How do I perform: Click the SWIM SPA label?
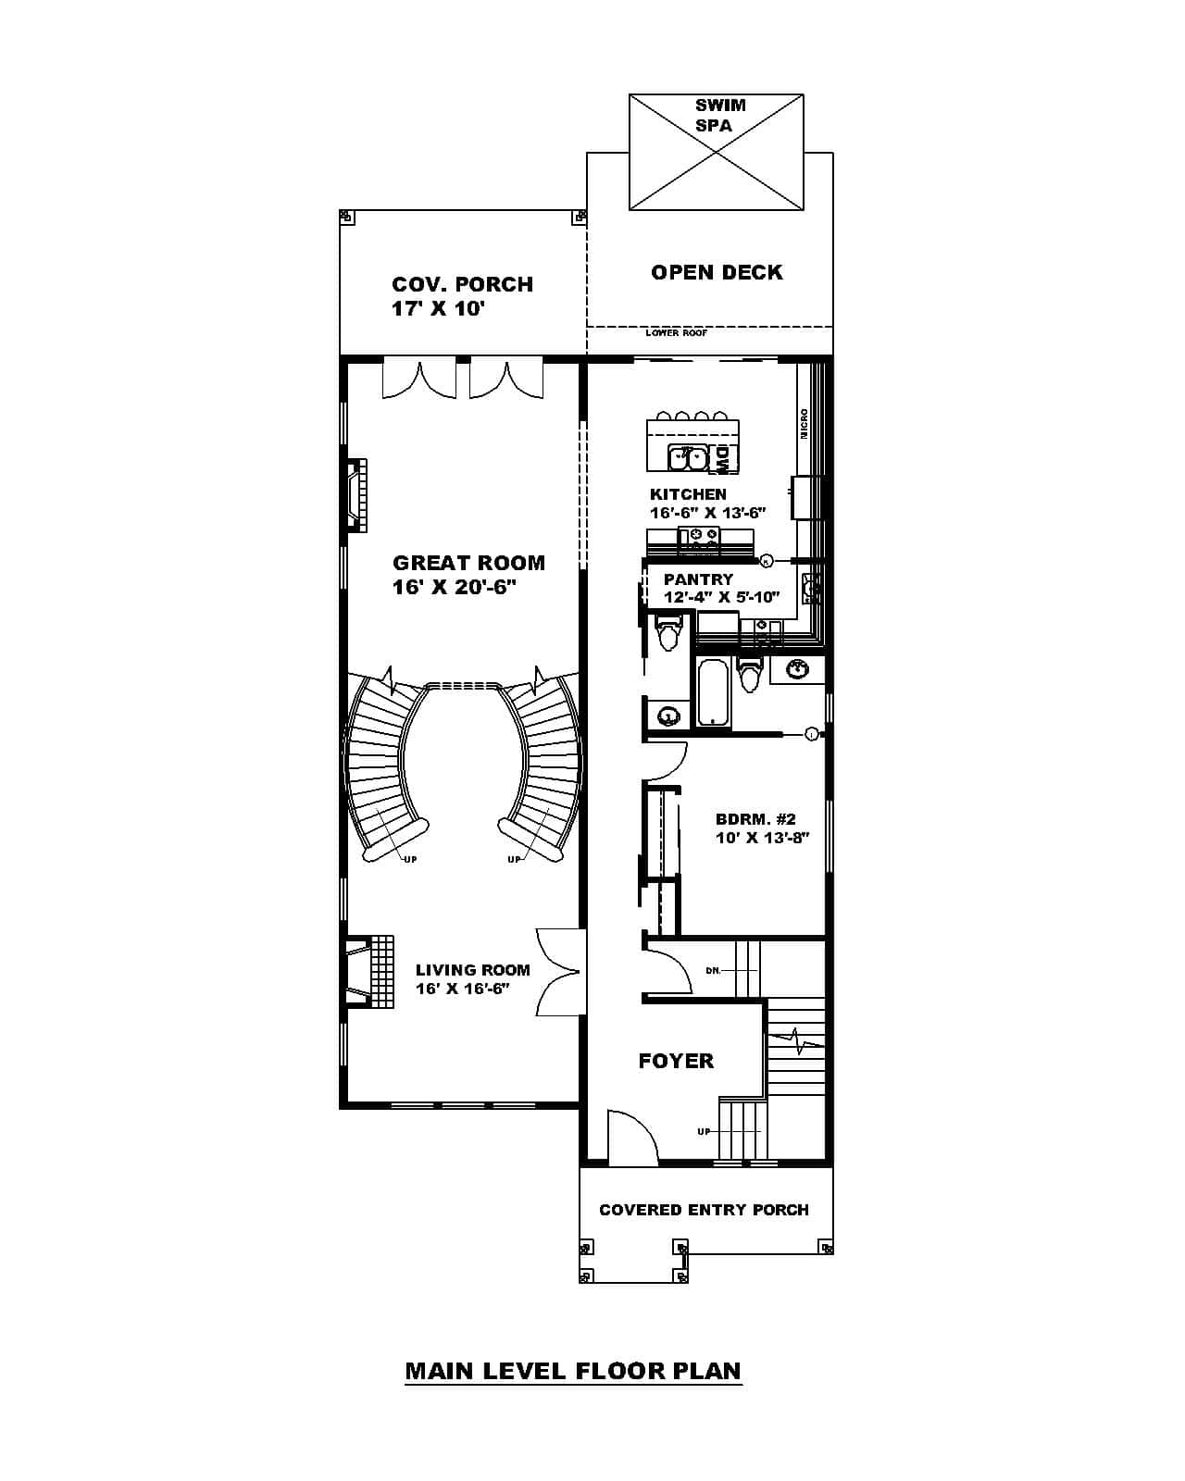[x=720, y=115]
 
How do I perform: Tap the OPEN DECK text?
[x=717, y=272]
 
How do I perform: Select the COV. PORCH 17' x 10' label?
[x=462, y=296]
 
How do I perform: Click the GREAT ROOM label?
[x=468, y=563]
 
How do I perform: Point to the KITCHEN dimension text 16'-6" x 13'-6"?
[x=707, y=512]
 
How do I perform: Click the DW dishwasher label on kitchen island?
[x=722, y=457]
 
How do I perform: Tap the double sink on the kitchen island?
[x=688, y=457]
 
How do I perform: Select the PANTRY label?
[x=698, y=579]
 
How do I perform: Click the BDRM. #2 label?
[x=755, y=819]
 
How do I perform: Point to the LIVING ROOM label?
[x=472, y=970]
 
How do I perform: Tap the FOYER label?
[x=676, y=1061]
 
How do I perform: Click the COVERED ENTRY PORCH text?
[x=704, y=1210]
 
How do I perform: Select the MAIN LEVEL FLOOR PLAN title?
[x=573, y=1370]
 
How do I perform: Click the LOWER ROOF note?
[x=676, y=332]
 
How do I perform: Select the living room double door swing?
[x=559, y=972]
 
